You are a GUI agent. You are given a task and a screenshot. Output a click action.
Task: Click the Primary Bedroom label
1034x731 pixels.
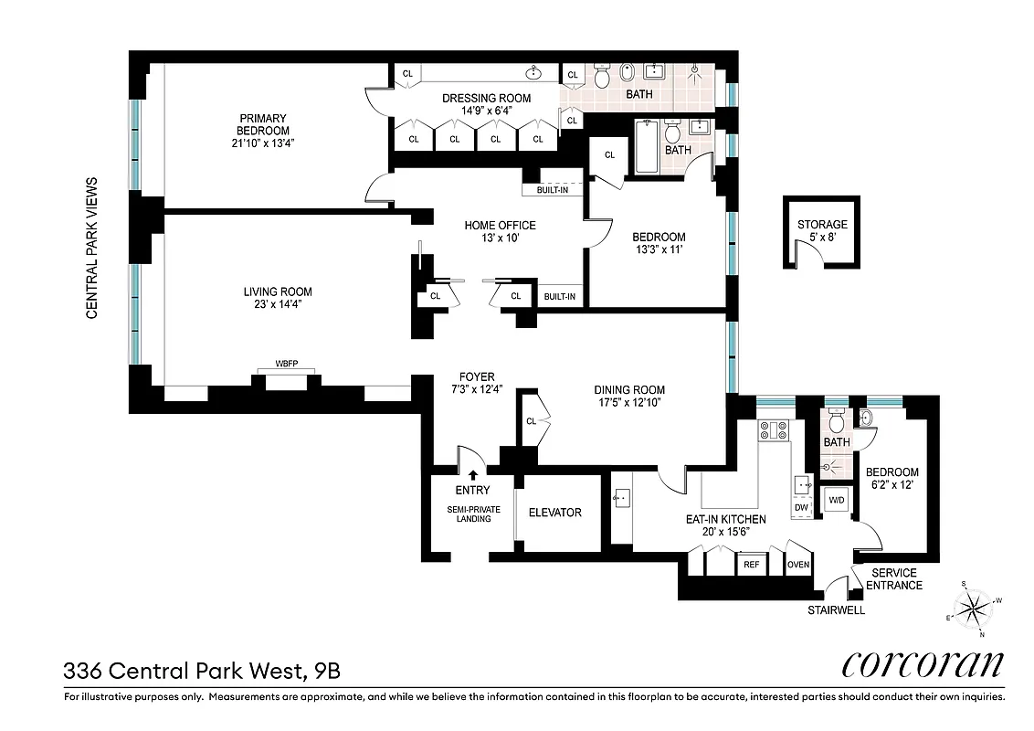pos(263,124)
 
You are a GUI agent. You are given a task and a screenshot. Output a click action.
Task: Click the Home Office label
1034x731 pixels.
pos(500,226)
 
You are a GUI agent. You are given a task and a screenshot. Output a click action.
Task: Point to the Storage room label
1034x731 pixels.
pos(822,224)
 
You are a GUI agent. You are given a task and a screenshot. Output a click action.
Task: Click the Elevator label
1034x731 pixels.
pos(554,513)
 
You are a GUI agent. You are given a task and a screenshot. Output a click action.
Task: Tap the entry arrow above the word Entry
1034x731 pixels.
pos(472,474)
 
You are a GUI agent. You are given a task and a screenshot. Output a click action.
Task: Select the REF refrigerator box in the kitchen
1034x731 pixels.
pos(751,565)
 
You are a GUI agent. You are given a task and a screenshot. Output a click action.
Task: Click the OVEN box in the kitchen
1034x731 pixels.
pos(798,565)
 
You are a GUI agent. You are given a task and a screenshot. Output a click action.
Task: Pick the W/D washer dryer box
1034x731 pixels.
pos(836,501)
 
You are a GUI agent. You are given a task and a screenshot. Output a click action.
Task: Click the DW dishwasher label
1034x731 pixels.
pos(801,507)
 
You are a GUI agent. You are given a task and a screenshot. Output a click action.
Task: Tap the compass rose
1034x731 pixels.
pos(975,606)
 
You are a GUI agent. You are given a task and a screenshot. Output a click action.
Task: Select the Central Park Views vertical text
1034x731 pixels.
pos(91,248)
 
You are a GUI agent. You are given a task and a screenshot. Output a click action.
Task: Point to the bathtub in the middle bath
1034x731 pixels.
pos(645,148)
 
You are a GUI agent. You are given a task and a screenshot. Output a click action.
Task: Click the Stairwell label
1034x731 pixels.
pos(835,610)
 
